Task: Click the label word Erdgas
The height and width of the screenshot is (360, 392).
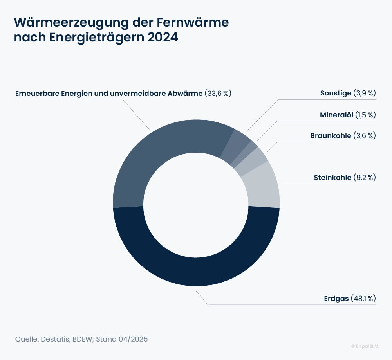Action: coord(336,299)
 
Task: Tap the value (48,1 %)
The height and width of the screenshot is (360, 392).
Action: coord(363,299)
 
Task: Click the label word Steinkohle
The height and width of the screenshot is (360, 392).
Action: coord(332,178)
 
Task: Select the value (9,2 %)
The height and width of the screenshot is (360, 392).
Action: coord(365,178)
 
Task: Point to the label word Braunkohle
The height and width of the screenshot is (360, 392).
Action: coord(331,136)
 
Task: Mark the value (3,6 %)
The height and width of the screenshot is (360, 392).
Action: coord(365,136)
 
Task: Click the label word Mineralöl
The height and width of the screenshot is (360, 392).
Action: coord(336,115)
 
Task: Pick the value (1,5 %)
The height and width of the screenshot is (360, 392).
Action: coord(366,115)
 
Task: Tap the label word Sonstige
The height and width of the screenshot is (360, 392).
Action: coord(336,94)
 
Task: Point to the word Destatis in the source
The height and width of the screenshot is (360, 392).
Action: coord(55,339)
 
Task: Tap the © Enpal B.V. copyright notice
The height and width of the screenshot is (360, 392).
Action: coord(365,346)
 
